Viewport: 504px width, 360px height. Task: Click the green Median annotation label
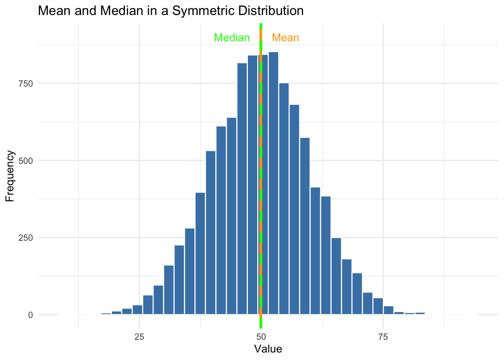coord(232,38)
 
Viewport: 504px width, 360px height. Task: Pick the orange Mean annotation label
coord(285,38)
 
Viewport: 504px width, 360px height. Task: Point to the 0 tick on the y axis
coord(30,315)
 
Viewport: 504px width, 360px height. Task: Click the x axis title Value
coord(268,349)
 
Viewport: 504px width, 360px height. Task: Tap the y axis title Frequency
coord(10,176)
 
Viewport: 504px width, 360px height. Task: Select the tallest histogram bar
coord(273,187)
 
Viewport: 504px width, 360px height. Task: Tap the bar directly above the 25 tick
coord(138,310)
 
